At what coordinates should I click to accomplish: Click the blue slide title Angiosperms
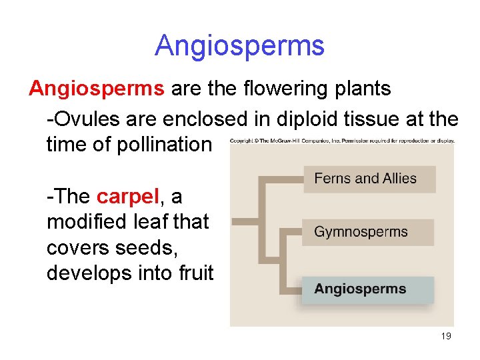239,45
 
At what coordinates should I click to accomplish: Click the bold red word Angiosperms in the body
97,88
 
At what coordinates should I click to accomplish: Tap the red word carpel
127,197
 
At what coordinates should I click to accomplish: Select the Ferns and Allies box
369,179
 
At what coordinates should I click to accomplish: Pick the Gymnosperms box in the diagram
367,232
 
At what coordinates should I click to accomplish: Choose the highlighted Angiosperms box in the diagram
367,289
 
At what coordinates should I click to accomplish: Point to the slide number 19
446,336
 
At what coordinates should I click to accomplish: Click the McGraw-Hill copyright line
342,141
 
